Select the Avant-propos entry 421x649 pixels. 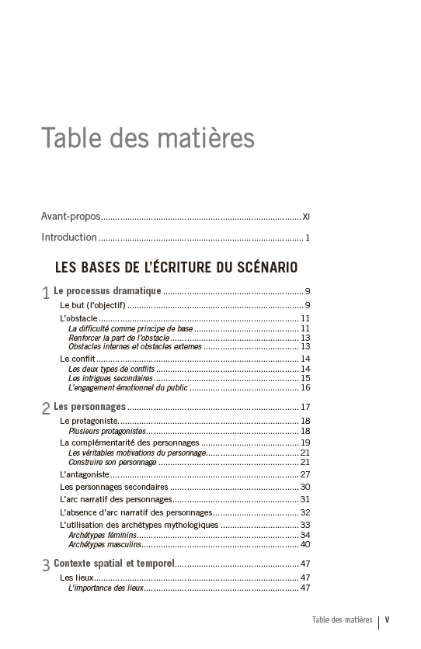click(71, 216)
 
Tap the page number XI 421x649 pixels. click(306, 217)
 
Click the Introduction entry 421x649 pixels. click(69, 238)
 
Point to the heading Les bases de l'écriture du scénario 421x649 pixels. click(176, 268)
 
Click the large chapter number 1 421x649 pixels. click(46, 293)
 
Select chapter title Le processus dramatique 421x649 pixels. click(107, 291)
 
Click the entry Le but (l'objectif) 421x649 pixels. click(92, 305)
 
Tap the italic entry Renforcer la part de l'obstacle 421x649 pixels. click(118, 338)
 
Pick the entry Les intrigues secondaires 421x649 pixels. click(110, 378)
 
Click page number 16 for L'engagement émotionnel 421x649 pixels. click(305, 387)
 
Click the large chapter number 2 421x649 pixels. click(46, 408)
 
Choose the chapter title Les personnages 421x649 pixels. click(89, 407)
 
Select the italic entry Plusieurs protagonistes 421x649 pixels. click(107, 431)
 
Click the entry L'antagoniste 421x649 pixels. click(84, 474)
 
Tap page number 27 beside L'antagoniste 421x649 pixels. click(305, 474)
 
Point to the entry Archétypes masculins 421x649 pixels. click(104, 544)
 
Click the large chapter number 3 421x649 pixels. click(46, 566)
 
